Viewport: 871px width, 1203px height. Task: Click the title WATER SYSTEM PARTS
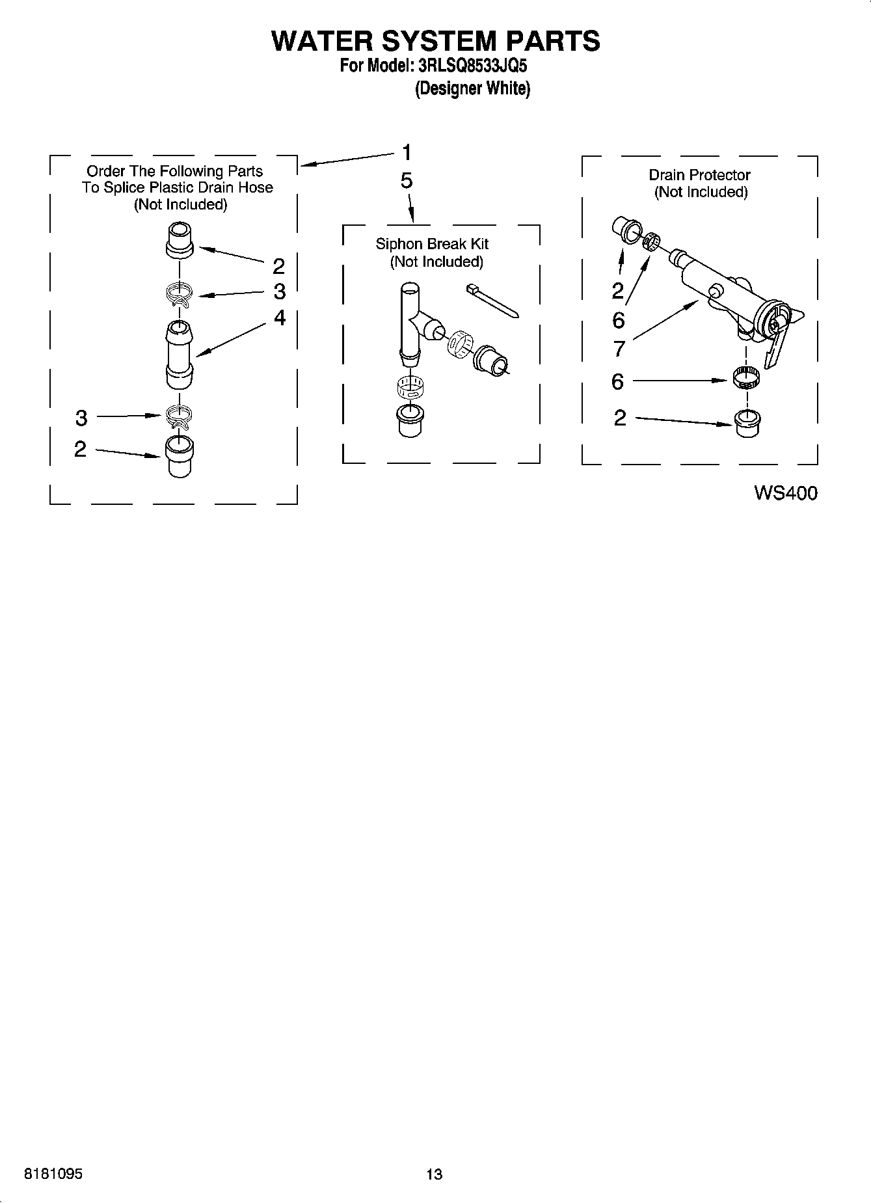click(435, 41)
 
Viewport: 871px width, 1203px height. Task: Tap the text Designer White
click(472, 88)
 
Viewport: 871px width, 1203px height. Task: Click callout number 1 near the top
click(407, 153)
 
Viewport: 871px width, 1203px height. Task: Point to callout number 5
click(407, 181)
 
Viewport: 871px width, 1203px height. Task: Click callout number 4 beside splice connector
click(280, 318)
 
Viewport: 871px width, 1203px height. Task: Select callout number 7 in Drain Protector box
click(619, 349)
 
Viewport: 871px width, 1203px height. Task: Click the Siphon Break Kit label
click(432, 244)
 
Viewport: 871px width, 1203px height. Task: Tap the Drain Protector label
click(699, 175)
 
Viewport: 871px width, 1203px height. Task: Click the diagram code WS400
click(785, 493)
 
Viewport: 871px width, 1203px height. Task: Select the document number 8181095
click(53, 1174)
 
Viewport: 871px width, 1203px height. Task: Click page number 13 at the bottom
click(434, 1174)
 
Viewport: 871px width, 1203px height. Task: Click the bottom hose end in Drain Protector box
click(747, 424)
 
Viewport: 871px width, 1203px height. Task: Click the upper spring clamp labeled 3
click(180, 294)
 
